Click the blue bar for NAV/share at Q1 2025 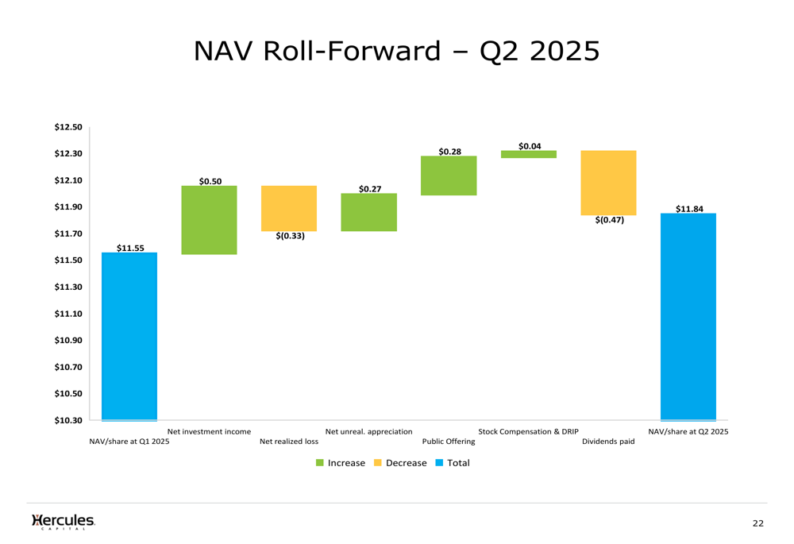[129, 336]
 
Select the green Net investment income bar [210, 220]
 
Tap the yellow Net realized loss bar [289, 208]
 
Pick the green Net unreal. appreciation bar [369, 212]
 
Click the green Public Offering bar [449, 176]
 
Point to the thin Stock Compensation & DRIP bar [529, 154]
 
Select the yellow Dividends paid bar [608, 183]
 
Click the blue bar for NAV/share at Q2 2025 [688, 316]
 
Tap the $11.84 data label [689, 209]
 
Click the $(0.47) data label [609, 221]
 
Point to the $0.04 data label [530, 146]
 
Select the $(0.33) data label [291, 236]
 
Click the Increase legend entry [341, 463]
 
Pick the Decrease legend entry [400, 463]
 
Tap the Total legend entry [453, 463]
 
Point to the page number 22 [758, 523]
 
